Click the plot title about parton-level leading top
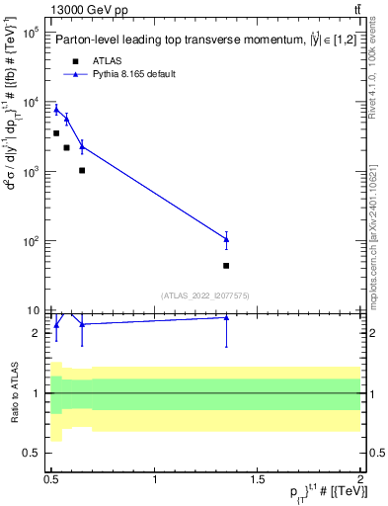pos(197,41)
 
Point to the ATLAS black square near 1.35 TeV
pos(226,266)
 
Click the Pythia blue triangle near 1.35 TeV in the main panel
pos(226,239)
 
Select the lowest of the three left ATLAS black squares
pos(82,170)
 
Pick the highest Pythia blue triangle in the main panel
pos(56,109)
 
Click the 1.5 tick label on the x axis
pos(258,479)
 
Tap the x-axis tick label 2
pos(360,479)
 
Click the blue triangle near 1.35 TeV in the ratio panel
pos(226,317)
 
